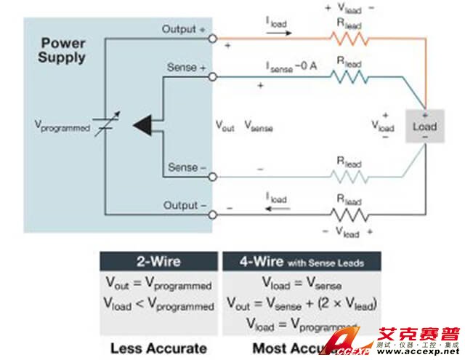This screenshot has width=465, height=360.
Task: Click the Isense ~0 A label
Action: click(291, 65)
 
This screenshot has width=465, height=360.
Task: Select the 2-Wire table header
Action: click(158, 262)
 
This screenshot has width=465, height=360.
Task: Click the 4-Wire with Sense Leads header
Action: click(300, 262)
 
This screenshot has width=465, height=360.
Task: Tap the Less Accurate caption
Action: click(158, 348)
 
